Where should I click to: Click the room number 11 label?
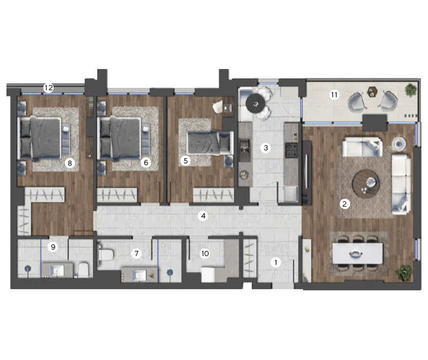[334, 95]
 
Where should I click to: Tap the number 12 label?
[48, 88]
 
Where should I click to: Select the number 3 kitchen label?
[266, 148]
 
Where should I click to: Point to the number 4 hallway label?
[203, 216]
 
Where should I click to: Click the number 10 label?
[205, 254]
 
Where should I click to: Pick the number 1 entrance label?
[276, 263]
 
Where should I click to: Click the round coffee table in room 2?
[366, 183]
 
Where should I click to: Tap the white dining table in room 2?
[358, 253]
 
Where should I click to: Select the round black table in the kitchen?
[255, 104]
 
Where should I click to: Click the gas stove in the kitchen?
[291, 150]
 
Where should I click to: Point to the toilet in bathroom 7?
[106, 254]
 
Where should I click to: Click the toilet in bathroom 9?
[83, 269]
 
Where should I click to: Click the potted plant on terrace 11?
[410, 90]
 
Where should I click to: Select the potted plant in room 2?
[404, 273]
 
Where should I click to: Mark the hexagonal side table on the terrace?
[371, 92]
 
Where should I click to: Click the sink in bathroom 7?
[139, 274]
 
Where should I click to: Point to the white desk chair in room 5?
[218, 107]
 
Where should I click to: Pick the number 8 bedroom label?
[70, 163]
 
